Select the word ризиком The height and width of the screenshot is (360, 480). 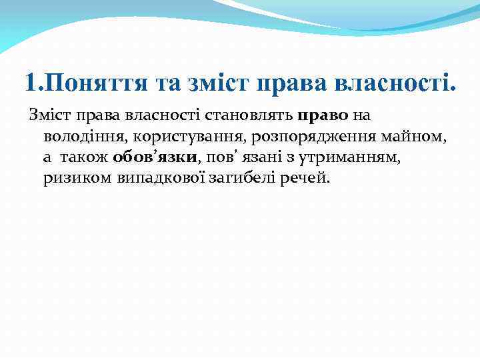71,179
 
